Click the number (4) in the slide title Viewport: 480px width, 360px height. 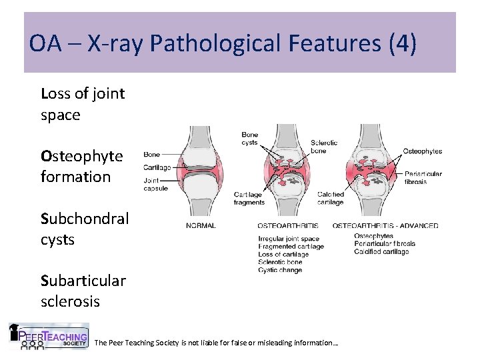coord(403,44)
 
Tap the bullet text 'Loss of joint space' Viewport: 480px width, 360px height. coord(83,104)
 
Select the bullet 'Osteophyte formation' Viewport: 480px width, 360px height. coord(82,166)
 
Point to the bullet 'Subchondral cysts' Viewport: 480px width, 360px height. coord(85,229)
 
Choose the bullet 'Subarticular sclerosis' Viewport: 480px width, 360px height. coord(83,291)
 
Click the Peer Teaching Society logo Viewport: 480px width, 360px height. coord(48,337)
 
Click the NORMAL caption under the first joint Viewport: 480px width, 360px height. coord(201,225)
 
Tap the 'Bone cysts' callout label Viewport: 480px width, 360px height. coord(249,139)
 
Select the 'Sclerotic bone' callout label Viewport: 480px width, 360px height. coord(324,147)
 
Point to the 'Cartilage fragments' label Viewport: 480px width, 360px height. coord(249,199)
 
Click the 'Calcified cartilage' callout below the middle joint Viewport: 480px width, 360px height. coord(331,199)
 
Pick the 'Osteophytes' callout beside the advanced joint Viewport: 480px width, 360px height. coord(422,151)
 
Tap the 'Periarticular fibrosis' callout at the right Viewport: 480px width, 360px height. coord(423,178)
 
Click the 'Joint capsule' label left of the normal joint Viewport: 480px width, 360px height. coord(156,184)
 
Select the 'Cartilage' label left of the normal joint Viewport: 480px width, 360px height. coord(157,167)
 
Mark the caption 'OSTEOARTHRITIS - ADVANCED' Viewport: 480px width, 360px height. coord(385,225)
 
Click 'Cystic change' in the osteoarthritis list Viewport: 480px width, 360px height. coord(280,270)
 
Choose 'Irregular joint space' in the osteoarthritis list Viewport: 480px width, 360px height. coord(289,239)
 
